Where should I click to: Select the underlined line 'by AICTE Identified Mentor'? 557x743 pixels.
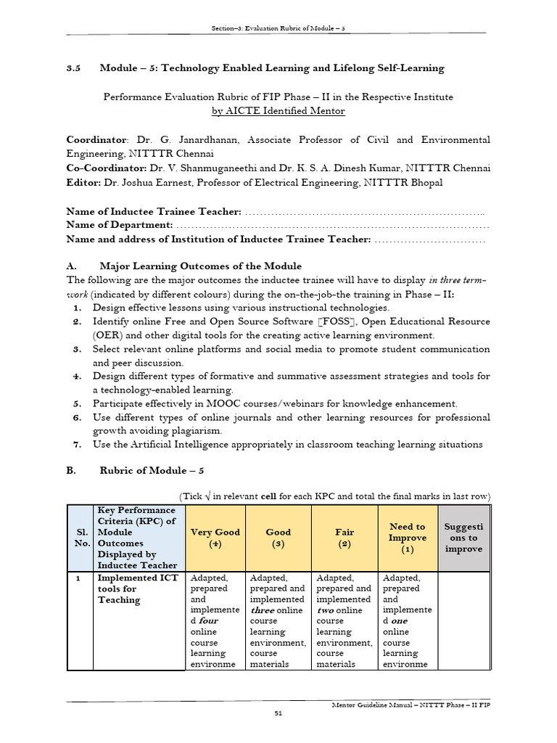pos(278,111)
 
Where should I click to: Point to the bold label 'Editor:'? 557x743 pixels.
pos(84,181)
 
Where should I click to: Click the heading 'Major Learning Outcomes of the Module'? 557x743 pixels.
pos(200,266)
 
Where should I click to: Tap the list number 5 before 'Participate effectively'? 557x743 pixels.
pos(76,403)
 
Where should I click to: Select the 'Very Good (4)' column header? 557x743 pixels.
pos(215,538)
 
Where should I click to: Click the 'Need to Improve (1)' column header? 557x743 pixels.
pos(407,538)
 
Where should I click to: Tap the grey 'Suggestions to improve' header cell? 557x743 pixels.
pos(463,538)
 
